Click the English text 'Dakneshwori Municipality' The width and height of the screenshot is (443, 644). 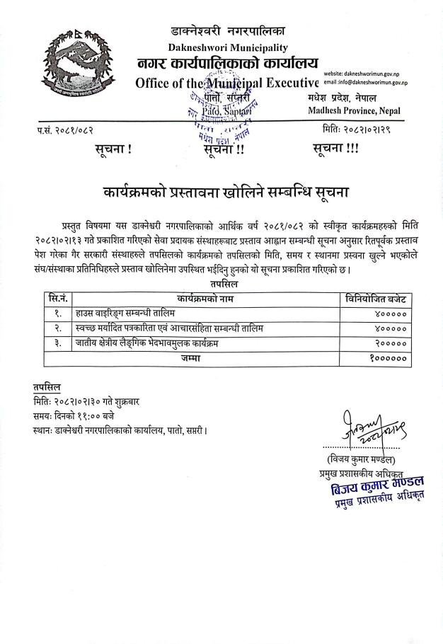click(x=227, y=47)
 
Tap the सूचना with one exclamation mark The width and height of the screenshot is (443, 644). click(x=113, y=149)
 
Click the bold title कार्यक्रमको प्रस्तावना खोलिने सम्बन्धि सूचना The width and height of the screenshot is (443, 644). click(x=225, y=192)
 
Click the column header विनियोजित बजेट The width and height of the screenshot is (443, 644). click(x=375, y=299)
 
